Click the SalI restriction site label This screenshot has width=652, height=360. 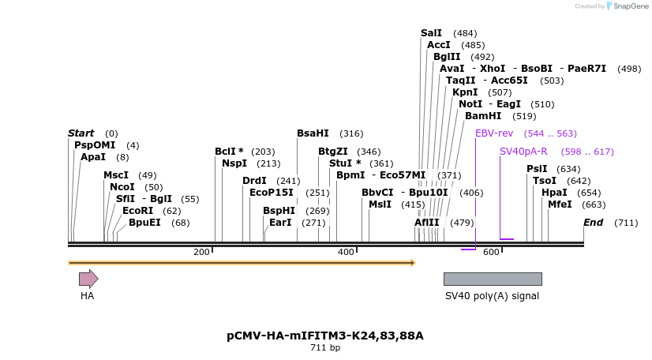pos(431,33)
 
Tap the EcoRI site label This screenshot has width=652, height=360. pos(137,211)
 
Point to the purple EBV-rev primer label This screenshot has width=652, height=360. pos(494,133)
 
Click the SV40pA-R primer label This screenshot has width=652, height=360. pos(523,152)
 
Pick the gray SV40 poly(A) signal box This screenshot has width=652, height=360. pos(493,279)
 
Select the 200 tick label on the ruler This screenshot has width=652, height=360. pos(201,252)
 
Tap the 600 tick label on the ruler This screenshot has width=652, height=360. pos(491,252)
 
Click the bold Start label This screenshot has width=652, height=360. pos(81,133)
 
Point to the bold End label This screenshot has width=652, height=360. pos(593,223)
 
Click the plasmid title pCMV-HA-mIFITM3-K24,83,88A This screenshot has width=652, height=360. pos(325,336)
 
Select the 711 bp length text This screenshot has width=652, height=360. pos(325,347)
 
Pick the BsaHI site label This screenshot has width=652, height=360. pos(313,133)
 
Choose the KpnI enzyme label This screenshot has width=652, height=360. pos(465,92)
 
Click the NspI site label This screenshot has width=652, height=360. pos(234,163)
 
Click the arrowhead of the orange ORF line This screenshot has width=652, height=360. pos(413,263)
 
